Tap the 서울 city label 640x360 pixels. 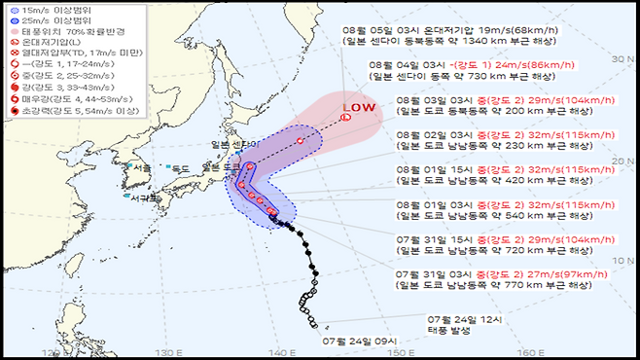tap(143, 166)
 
